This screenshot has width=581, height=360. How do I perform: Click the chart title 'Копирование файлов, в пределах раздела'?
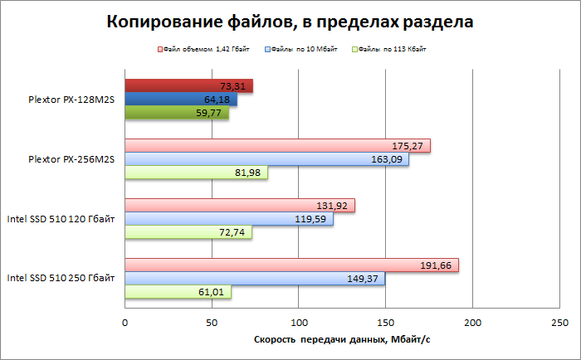tap(290, 22)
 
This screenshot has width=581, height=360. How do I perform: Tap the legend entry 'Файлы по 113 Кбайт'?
tap(396, 50)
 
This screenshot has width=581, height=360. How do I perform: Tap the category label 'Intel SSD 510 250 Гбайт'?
tap(61, 279)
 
